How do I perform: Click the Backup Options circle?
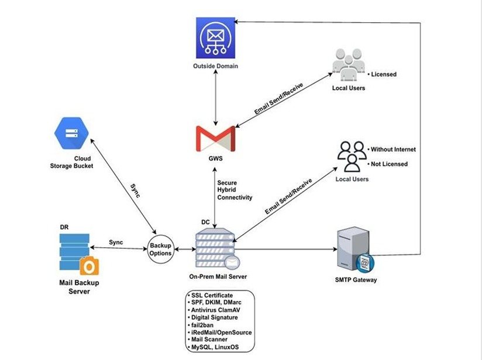point(160,250)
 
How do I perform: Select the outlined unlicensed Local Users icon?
point(352,155)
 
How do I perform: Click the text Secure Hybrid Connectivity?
point(234,190)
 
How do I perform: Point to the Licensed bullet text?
point(381,74)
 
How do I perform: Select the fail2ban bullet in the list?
point(206,325)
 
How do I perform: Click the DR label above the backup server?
point(65,227)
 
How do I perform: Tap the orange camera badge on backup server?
point(89,266)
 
